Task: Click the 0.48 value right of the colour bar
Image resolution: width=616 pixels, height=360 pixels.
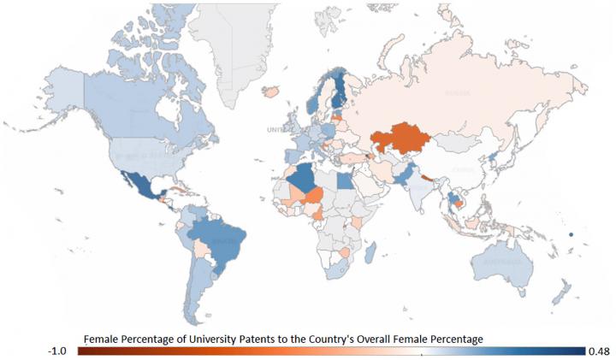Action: pos(600,351)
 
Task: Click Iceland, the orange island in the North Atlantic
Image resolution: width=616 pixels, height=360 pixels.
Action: pos(274,90)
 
